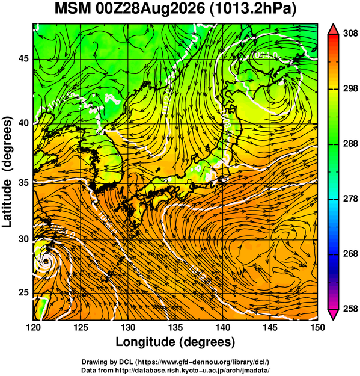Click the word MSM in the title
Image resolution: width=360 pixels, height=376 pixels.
72,9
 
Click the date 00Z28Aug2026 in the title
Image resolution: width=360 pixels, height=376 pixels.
150,9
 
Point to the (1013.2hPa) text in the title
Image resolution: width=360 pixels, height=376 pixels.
253,10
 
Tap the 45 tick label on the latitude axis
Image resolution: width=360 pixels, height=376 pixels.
23,59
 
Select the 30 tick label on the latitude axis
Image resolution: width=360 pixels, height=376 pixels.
23,239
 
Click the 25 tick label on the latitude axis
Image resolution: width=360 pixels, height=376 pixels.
23,293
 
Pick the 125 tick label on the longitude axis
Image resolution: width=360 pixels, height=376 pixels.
81,327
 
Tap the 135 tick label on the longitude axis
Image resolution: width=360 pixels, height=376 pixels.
175,327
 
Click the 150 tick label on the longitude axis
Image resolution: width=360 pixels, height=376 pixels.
317,327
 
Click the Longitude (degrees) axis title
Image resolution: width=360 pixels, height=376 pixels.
175,342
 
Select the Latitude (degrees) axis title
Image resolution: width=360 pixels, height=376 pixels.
7,172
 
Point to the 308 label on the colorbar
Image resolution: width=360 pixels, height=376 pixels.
350,34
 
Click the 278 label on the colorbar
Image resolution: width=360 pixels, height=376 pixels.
350,199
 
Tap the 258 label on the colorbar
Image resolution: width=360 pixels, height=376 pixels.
350,309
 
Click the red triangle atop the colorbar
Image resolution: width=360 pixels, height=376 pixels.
333,29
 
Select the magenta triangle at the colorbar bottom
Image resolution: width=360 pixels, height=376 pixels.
333,315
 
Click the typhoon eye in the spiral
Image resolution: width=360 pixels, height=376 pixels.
46,260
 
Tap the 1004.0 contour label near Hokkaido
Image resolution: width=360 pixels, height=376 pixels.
264,55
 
